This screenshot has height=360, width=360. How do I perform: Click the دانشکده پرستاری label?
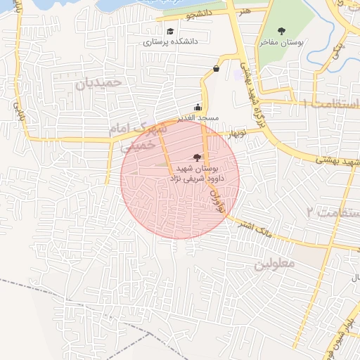pyautogui.click(x=171, y=42)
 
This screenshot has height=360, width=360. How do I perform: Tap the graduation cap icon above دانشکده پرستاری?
pyautogui.click(x=170, y=31)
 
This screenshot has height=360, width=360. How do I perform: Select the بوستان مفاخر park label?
pyautogui.click(x=281, y=43)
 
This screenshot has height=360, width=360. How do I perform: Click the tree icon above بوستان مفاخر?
pyautogui.click(x=281, y=31)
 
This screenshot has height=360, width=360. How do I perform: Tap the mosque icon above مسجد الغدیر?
pyautogui.click(x=198, y=108)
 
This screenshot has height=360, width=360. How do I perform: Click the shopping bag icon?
pyautogui.click(x=215, y=68)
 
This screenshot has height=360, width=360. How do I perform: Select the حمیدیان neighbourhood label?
pyautogui.click(x=98, y=83)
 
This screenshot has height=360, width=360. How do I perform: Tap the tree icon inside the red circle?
pyautogui.click(x=196, y=158)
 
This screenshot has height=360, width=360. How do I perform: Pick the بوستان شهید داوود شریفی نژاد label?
pyautogui.click(x=193, y=174)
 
